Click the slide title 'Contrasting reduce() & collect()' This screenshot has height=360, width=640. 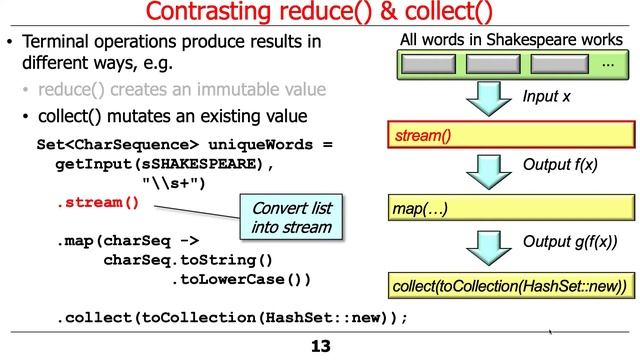pyautogui.click(x=319, y=14)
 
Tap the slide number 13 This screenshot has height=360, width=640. pyautogui.click(x=320, y=347)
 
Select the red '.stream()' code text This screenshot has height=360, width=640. pyautogui.click(x=98, y=203)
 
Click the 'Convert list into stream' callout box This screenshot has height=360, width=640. pyautogui.click(x=285, y=217)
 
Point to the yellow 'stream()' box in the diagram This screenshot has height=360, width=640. pyautogui.click(x=511, y=135)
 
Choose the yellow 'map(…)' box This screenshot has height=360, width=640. pyautogui.click(x=511, y=209)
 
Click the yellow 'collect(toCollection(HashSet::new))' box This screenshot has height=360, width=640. pyautogui.click(x=511, y=286)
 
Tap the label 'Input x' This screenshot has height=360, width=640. pyautogui.click(x=546, y=97)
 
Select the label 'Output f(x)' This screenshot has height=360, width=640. pyautogui.click(x=560, y=166)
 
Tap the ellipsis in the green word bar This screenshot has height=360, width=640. pyautogui.click(x=607, y=64)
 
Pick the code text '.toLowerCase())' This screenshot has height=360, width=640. pyautogui.click(x=241, y=279)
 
